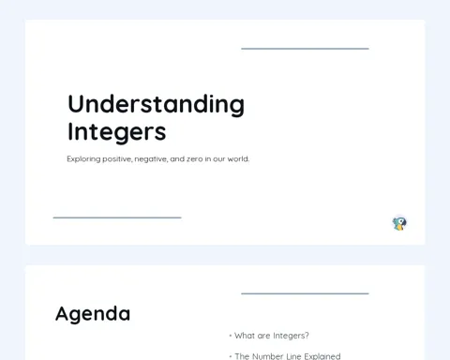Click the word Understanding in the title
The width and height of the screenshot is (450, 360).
click(156, 105)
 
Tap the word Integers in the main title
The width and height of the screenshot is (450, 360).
click(116, 132)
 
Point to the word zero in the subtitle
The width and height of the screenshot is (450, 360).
click(194, 159)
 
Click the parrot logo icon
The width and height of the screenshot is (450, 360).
click(399, 224)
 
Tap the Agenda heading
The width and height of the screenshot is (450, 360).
click(93, 314)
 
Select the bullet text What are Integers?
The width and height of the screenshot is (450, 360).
click(272, 336)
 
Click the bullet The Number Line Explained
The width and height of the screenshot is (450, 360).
click(288, 356)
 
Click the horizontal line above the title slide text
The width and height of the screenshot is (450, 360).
click(305, 49)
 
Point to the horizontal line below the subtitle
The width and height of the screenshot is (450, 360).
click(117, 217)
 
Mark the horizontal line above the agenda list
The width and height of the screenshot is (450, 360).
click(305, 293)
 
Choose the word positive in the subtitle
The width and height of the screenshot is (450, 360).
click(117, 159)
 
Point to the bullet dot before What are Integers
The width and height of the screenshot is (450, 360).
click(231, 336)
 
